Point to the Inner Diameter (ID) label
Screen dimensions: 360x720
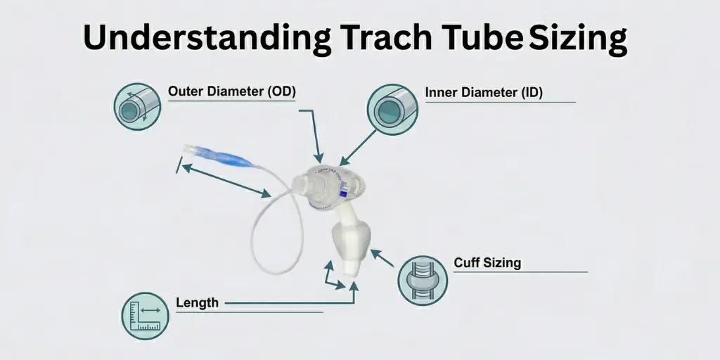coord(484,93)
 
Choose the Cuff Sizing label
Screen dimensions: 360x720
coord(487,263)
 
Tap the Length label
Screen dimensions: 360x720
coord(197,303)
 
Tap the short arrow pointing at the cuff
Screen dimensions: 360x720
coord(382,258)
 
